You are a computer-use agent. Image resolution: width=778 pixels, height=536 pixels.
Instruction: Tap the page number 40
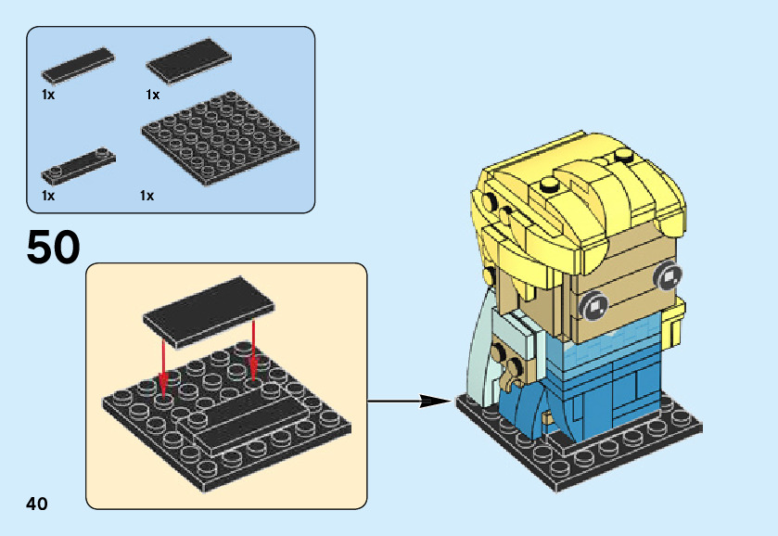click(x=37, y=504)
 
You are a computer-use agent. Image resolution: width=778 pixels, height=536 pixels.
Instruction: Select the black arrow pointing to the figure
click(x=408, y=402)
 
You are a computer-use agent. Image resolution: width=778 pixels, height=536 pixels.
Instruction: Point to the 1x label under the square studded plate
click(x=147, y=196)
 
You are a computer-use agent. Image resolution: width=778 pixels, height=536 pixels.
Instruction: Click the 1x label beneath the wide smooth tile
click(x=152, y=95)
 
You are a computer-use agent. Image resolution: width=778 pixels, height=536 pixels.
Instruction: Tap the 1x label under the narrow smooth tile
click(x=48, y=95)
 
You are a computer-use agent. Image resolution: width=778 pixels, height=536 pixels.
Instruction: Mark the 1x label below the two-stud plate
click(x=48, y=196)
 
